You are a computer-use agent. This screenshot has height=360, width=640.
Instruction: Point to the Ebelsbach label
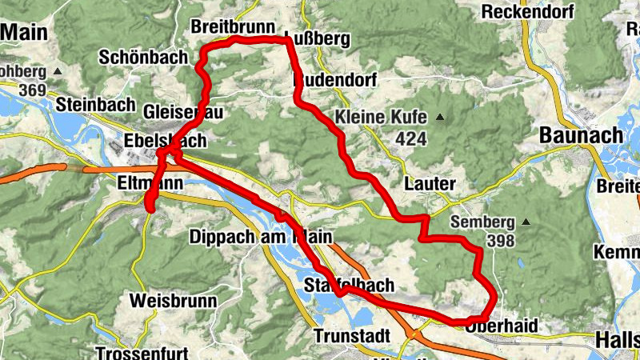click(x=165, y=142)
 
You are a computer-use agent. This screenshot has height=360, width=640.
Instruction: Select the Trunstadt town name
click(x=353, y=335)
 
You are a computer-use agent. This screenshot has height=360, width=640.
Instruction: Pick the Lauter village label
click(x=430, y=182)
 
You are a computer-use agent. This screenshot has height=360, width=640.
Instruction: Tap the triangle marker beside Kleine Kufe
click(x=439, y=117)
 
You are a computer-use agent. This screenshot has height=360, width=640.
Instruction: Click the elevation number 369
click(x=32, y=90)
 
